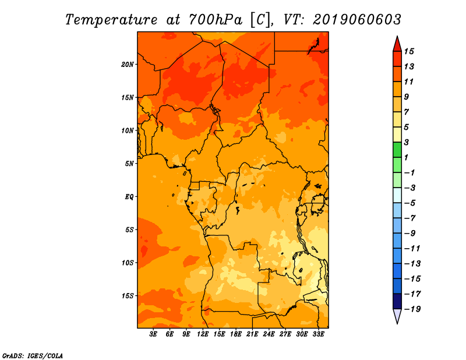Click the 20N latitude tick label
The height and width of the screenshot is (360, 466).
point(128,65)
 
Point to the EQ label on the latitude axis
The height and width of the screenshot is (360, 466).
point(129,197)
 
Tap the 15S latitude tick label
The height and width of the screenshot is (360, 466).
point(128,296)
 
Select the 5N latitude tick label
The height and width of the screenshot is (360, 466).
point(129,164)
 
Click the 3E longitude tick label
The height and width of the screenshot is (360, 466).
point(153,334)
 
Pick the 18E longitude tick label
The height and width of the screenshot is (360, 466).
point(236,334)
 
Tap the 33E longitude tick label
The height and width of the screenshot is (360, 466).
point(318,334)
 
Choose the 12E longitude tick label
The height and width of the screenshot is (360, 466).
point(203,334)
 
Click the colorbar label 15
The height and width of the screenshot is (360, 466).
point(409,51)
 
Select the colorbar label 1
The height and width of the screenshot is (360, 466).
point(406,157)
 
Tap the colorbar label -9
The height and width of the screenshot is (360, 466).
point(410,234)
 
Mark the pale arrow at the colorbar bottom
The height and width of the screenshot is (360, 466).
point(397,316)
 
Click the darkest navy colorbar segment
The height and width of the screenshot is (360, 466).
point(397,301)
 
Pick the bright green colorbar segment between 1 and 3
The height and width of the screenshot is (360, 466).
point(397,150)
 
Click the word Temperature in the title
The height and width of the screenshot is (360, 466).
point(111,20)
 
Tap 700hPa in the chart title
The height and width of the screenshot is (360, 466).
point(216,20)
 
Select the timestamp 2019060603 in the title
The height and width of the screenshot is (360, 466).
point(357,20)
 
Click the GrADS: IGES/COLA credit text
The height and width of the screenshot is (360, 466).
point(33,356)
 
